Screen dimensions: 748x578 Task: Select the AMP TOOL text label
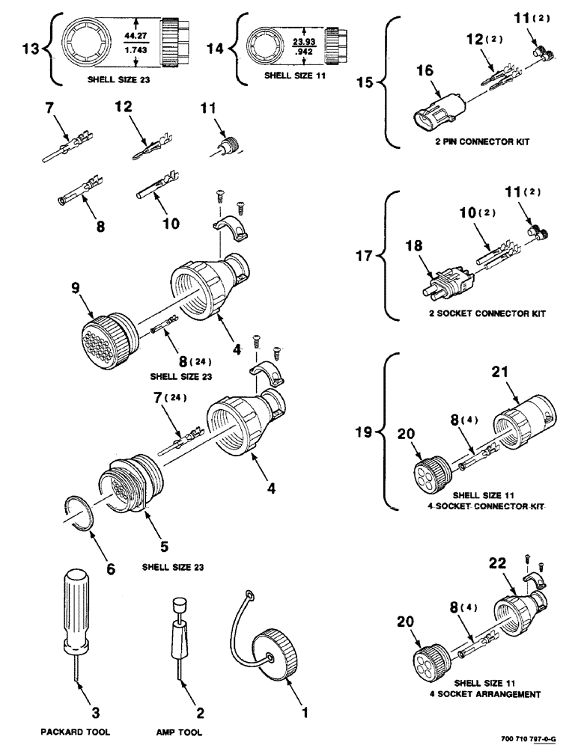(x=180, y=732)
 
